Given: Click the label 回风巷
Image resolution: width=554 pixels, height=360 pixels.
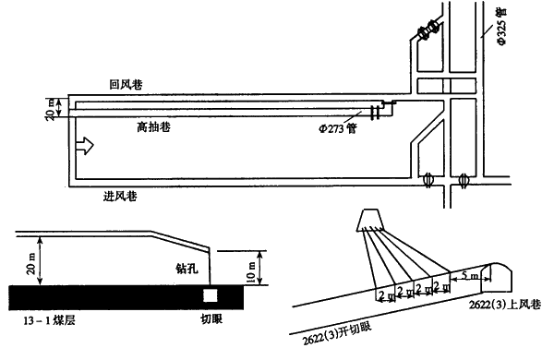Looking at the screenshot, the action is [x=126, y=84].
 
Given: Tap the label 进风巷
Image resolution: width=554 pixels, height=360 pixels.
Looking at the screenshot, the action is [x=120, y=196].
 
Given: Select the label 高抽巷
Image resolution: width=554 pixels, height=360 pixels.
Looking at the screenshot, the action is [x=153, y=126].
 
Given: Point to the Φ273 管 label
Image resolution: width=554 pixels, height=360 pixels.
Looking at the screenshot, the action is [x=338, y=128].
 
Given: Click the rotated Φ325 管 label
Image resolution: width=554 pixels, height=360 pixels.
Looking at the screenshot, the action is [x=502, y=27].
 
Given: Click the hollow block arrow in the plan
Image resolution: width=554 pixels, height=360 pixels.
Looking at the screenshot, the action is [x=85, y=145].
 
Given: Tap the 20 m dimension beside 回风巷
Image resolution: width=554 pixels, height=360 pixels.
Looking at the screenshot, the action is [x=51, y=109].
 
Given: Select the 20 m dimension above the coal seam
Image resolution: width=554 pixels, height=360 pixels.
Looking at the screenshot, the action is [x=30, y=263].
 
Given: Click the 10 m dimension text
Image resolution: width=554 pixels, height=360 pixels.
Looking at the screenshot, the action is [x=251, y=272].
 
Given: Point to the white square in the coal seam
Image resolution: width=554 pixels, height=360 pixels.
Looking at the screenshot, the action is [x=210, y=295].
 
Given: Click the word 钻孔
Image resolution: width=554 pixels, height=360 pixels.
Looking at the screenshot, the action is [x=187, y=269].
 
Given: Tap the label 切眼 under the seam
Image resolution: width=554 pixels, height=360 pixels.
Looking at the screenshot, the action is [x=211, y=319].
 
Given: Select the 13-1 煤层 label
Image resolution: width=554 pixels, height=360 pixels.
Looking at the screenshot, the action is [x=49, y=321].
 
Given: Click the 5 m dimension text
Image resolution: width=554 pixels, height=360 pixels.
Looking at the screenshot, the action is [x=470, y=275].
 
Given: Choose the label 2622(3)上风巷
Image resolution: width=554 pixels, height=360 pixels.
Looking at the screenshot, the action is [x=505, y=305].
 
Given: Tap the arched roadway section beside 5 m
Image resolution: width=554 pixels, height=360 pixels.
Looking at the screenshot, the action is [x=498, y=278].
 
